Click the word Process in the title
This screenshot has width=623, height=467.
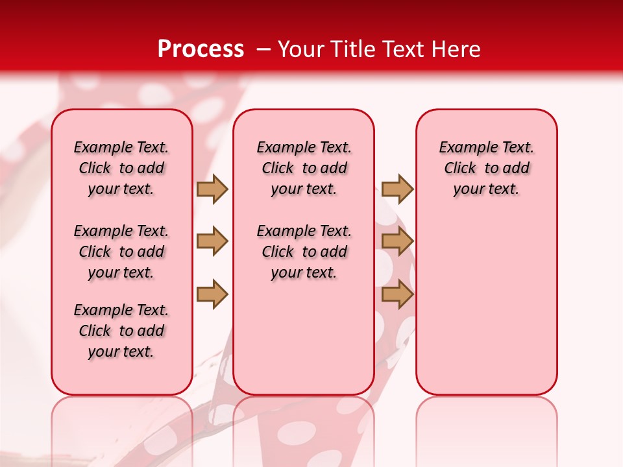pyautogui.click(x=201, y=49)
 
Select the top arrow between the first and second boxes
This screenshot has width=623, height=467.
pyautogui.click(x=212, y=189)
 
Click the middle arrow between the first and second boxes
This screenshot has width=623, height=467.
pyautogui.click(x=212, y=242)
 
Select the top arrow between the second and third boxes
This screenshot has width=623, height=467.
pyautogui.click(x=397, y=189)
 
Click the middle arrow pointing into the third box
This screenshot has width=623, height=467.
pyautogui.click(x=397, y=242)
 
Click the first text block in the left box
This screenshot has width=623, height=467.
pyautogui.click(x=121, y=168)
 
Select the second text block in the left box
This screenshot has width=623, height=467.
pyautogui.click(x=121, y=252)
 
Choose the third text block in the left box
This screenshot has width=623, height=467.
pyautogui.click(x=121, y=331)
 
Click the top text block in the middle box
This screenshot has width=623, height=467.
pyautogui.click(x=304, y=168)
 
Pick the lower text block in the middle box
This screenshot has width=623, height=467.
pyautogui.click(x=304, y=252)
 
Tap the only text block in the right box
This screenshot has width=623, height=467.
pyautogui.click(x=486, y=168)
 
